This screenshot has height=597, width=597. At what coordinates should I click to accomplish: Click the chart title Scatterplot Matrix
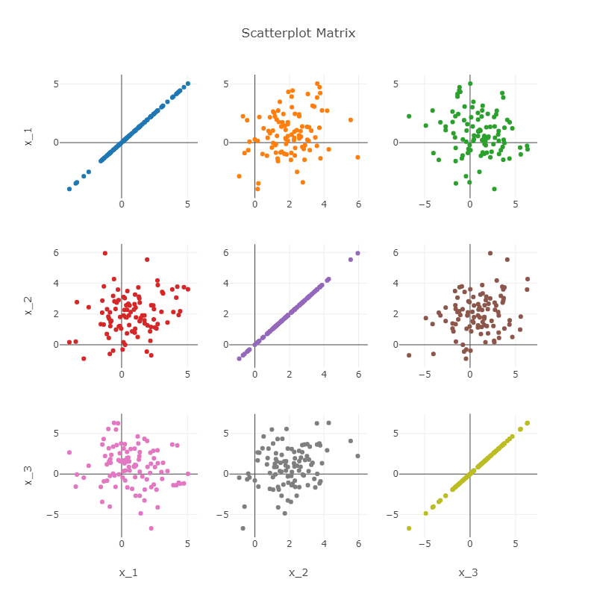(x=298, y=34)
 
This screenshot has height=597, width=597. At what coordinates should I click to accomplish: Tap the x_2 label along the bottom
(x=298, y=572)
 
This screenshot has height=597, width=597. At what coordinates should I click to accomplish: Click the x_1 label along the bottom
(x=128, y=572)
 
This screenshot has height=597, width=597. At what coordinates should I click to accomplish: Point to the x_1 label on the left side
(x=28, y=134)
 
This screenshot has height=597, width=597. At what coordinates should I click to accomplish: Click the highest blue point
(x=187, y=84)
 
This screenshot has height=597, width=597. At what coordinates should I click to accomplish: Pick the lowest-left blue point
(x=69, y=189)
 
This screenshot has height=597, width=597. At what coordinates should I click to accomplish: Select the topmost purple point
(x=357, y=253)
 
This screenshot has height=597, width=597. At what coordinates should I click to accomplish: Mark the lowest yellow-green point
(x=409, y=528)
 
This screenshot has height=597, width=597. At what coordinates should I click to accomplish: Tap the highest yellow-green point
(x=527, y=423)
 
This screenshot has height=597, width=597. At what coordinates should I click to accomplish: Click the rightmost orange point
(x=357, y=157)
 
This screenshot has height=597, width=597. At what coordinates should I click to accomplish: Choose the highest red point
(x=105, y=253)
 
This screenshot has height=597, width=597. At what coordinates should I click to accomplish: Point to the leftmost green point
(x=409, y=116)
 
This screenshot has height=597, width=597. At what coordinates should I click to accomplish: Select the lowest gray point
(x=243, y=528)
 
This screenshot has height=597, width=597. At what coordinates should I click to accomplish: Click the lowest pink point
(x=151, y=528)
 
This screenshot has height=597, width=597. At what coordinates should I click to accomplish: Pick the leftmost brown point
(x=409, y=355)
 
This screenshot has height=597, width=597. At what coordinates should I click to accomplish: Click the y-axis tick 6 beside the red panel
(x=55, y=252)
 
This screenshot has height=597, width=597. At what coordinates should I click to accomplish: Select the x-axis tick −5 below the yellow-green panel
(x=425, y=556)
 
